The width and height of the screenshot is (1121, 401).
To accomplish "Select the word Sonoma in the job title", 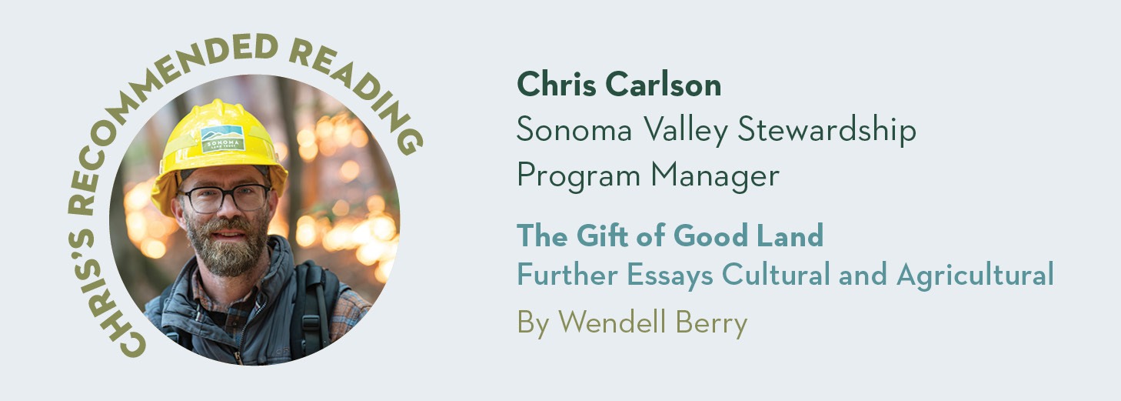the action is (x=574, y=129).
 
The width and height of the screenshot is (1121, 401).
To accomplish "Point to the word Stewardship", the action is (x=827, y=129).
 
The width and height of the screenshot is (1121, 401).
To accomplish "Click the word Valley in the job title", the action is (x=685, y=130).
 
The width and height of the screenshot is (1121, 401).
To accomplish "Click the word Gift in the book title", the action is (x=601, y=235).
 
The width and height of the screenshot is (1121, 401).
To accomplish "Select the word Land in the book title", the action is (x=790, y=235).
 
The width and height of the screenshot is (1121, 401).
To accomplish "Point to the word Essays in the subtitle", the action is (x=670, y=276).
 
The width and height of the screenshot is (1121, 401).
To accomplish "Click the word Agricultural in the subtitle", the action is (x=975, y=276).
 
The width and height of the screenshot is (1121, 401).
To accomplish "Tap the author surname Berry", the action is (x=711, y=322).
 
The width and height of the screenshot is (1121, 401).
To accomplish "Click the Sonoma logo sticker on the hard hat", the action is (x=222, y=139).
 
